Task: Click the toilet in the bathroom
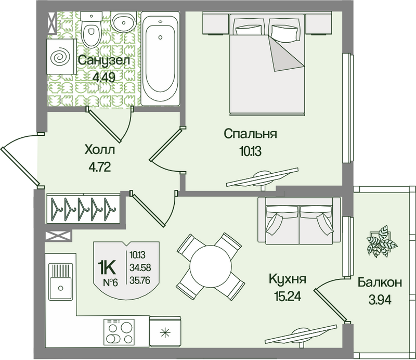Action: tap(91, 29)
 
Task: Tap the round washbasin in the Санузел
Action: tap(124, 22)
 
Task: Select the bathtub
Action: tap(160, 58)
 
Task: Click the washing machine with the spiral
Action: tap(61, 57)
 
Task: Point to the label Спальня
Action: tap(250, 134)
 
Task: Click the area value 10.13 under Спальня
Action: tap(250, 151)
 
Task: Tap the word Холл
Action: tap(100, 150)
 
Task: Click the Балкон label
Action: tap(380, 282)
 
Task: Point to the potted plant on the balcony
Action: tap(382, 241)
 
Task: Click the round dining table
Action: tap(211, 266)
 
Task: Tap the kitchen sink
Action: tap(60, 281)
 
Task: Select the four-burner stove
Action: tap(119, 332)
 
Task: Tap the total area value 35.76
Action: tap(140, 280)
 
